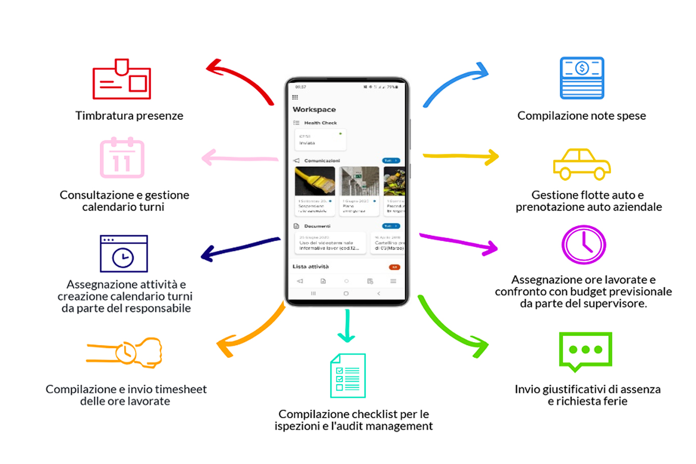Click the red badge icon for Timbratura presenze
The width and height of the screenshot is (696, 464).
122,79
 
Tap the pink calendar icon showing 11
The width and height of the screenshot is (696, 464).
122,158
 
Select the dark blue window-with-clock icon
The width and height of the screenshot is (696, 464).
124,253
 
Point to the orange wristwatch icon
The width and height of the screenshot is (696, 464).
125,352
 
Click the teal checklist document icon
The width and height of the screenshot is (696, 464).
348,375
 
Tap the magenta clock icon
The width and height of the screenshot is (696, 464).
583,245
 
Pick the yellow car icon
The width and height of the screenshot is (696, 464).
582,164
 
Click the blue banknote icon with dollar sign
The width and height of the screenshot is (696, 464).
582,78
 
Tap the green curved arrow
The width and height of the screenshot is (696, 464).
451,329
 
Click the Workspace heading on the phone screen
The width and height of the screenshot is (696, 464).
314,109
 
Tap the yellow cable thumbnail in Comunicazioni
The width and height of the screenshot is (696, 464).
315,181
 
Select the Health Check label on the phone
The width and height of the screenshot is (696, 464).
320,123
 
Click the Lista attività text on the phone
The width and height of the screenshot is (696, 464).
311,267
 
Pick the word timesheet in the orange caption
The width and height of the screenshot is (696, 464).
180,389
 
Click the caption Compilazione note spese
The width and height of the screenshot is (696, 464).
581,116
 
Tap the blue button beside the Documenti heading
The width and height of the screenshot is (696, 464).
391,226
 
